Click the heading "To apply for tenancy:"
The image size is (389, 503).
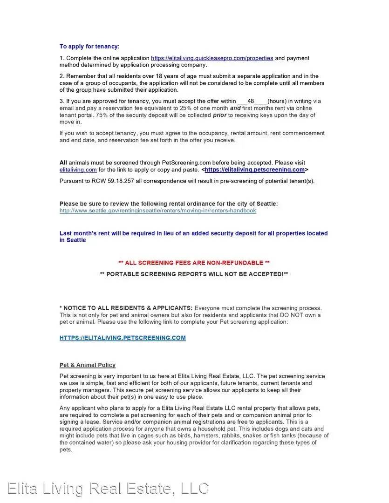(x=89, y=47)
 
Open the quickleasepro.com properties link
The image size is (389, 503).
(x=212, y=58)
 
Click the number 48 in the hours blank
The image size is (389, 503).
(x=251, y=101)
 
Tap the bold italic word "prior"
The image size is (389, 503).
(x=219, y=115)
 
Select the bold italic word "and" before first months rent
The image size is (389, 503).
(x=235, y=108)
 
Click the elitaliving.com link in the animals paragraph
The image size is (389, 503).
(x=78, y=170)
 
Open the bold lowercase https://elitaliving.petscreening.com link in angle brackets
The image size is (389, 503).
(x=254, y=170)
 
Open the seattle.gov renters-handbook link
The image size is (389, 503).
(x=157, y=211)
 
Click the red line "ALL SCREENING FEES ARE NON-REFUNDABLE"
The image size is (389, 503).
(x=194, y=263)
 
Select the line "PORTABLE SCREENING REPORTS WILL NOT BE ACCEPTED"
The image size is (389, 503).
(x=194, y=274)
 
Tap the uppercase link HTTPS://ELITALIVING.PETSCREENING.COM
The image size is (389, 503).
(x=123, y=338)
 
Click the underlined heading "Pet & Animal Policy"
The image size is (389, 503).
(x=88, y=365)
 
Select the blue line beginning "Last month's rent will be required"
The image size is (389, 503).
(x=193, y=237)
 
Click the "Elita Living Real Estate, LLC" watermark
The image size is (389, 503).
(x=108, y=488)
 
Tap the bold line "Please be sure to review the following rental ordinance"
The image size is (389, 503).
(x=169, y=204)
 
